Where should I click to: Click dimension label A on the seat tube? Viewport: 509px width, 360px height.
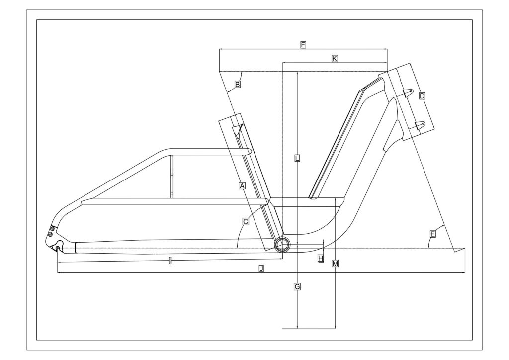242,185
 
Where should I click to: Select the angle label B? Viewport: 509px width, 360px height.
237,85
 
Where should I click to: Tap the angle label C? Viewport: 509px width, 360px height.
246,222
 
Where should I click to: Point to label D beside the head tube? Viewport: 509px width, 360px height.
422,96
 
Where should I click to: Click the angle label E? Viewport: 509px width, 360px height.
432,234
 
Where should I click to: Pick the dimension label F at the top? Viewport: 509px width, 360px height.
303,45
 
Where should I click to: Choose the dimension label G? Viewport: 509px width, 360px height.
297,286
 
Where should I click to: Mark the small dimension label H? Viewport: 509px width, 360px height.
321,258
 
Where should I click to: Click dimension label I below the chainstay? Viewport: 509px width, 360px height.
170,260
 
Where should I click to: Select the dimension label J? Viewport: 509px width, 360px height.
261,269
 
